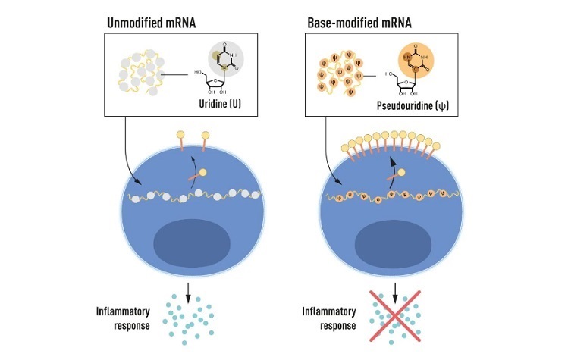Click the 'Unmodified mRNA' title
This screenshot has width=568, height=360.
(x=152, y=23)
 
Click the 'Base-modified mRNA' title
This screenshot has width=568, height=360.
(x=359, y=23)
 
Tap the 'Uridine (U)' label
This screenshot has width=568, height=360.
(x=220, y=104)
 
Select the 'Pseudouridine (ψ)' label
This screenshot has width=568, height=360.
(x=413, y=106)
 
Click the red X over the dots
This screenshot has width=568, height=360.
(x=395, y=316)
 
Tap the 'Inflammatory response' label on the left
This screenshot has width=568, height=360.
(x=123, y=318)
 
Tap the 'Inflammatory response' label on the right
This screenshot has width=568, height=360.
(x=329, y=318)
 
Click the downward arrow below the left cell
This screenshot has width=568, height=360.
(x=188, y=293)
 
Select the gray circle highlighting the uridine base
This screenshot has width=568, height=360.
(x=226, y=59)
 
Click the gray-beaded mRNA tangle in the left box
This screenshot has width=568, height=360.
(x=141, y=73)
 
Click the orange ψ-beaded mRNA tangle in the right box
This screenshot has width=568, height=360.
(x=340, y=74)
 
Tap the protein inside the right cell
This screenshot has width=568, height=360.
(x=396, y=174)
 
